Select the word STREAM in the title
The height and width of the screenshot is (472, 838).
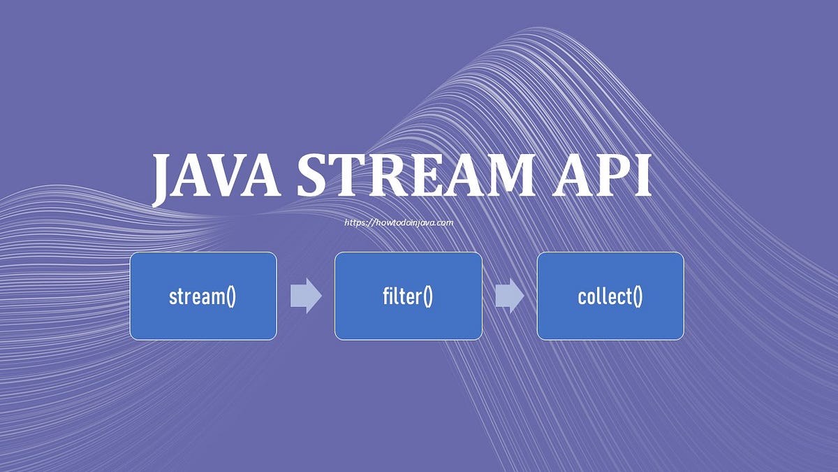(416, 175)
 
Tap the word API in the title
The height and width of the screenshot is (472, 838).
(602, 175)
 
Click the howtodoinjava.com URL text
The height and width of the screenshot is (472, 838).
(399, 223)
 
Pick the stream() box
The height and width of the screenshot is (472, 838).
(203, 296)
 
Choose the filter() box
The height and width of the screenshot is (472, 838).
(408, 296)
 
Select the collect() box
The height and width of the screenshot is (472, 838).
(610, 296)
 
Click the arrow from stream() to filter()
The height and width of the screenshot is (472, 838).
(306, 296)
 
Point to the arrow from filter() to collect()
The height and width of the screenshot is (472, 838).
(510, 296)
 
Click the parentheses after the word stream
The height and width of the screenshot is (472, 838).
(231, 296)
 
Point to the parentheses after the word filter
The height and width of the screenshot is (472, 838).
(427, 296)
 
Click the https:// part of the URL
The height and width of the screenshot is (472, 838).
(359, 223)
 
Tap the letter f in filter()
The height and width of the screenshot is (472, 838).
(386, 296)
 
